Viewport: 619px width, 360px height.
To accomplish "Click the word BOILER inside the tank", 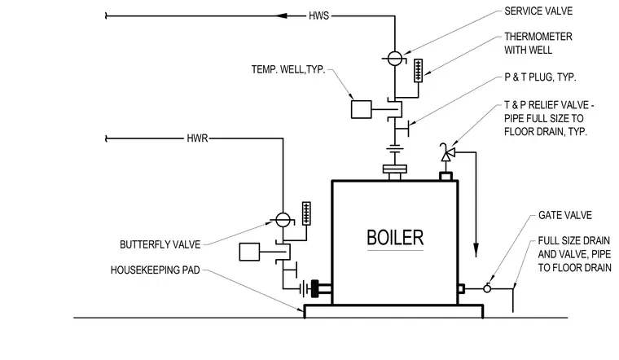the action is (395, 238).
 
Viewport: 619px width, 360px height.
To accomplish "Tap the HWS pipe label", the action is (318, 15).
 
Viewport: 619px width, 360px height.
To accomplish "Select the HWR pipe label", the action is (197, 138).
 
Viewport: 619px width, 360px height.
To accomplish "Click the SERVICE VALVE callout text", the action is (538, 11).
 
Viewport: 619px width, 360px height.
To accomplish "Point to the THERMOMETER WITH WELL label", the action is (538, 43).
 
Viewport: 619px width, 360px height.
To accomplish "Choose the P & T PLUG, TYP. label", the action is (540, 77).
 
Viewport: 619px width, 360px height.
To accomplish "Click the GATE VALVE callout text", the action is (565, 215).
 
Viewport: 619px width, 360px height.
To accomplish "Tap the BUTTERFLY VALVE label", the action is (160, 244).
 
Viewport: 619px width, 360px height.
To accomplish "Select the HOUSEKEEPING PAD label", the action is (155, 270).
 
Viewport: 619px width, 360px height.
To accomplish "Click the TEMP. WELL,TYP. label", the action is (288, 69).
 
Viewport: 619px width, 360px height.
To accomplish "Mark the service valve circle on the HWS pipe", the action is (395, 59).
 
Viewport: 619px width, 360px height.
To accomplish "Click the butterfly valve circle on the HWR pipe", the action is (283, 220).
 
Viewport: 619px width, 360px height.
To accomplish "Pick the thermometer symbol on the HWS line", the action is (418, 71).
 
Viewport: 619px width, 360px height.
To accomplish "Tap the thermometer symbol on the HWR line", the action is (306, 213).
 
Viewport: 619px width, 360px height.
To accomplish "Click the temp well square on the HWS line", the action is (361, 109).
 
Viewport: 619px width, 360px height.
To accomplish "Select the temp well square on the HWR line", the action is (249, 252).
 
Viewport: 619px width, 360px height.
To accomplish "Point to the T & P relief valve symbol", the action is (447, 153).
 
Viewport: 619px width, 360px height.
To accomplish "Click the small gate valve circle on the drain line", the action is (487, 289).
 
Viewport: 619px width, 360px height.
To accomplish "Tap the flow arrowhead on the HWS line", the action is (281, 15).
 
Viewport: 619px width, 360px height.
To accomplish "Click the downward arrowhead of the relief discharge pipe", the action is (476, 250).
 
